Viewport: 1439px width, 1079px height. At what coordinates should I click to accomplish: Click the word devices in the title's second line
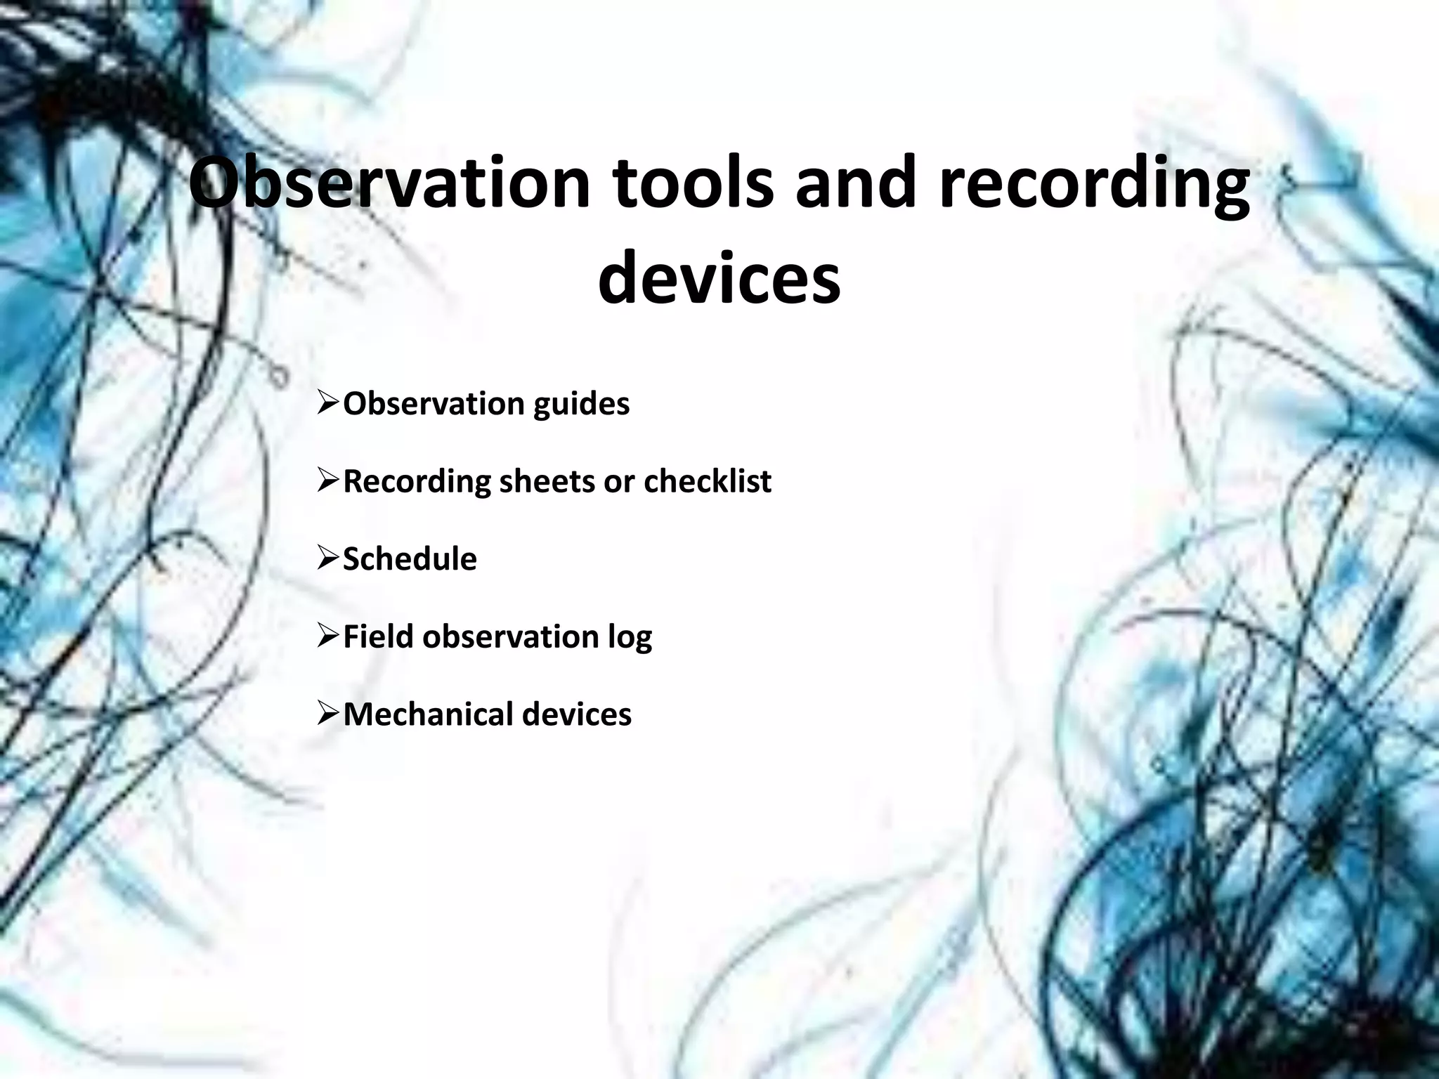tap(719, 278)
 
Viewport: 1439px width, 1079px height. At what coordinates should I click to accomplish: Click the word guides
tap(581, 404)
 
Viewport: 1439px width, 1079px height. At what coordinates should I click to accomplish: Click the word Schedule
tap(410, 559)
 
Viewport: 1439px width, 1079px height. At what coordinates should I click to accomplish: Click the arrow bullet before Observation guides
tap(328, 404)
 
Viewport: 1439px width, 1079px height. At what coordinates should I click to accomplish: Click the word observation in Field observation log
tap(510, 636)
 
